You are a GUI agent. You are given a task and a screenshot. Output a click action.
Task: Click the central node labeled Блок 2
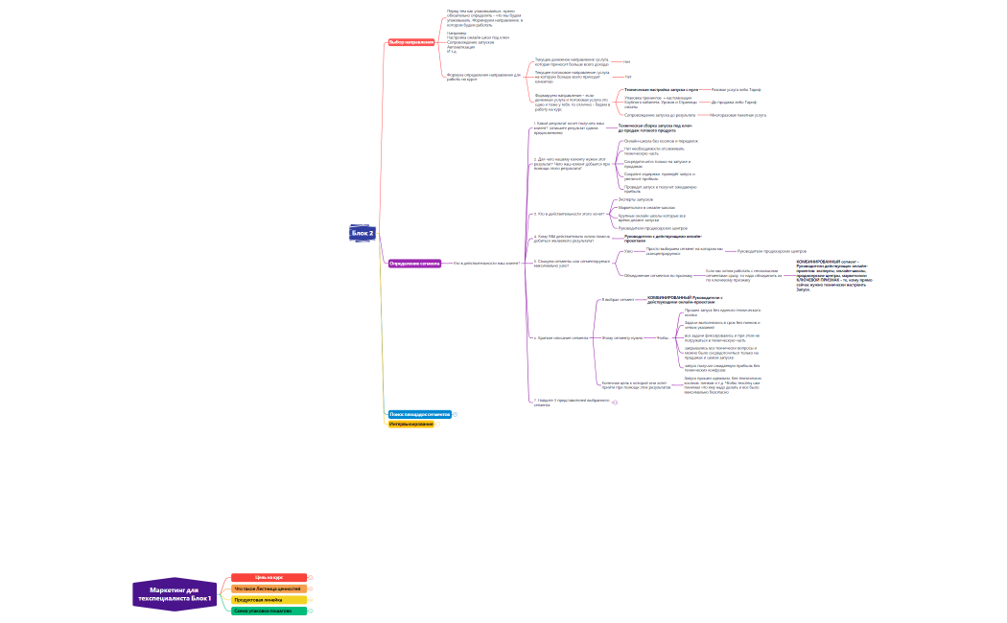(x=363, y=233)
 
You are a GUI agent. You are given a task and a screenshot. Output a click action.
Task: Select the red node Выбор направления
(x=411, y=42)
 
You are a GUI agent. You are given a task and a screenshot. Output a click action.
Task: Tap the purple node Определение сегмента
(x=414, y=263)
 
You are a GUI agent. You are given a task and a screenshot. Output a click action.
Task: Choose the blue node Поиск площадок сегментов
(x=419, y=414)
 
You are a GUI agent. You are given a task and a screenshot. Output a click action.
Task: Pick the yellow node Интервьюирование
(x=411, y=424)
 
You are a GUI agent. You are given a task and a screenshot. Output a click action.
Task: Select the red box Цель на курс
(x=269, y=577)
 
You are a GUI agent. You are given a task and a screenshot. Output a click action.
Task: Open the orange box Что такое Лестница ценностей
(x=269, y=588)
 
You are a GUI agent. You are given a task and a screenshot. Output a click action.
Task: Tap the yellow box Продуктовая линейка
(x=269, y=600)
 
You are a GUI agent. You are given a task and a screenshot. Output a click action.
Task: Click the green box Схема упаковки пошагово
(x=269, y=611)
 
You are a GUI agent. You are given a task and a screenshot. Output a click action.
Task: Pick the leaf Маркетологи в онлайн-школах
(x=646, y=207)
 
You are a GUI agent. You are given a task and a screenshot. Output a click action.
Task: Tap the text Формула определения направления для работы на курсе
(x=483, y=76)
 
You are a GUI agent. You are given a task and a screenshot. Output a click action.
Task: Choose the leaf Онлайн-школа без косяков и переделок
(x=661, y=141)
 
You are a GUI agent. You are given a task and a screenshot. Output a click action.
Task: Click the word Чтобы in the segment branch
(x=663, y=337)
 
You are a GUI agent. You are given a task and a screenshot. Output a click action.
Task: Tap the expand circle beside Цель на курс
(x=311, y=577)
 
